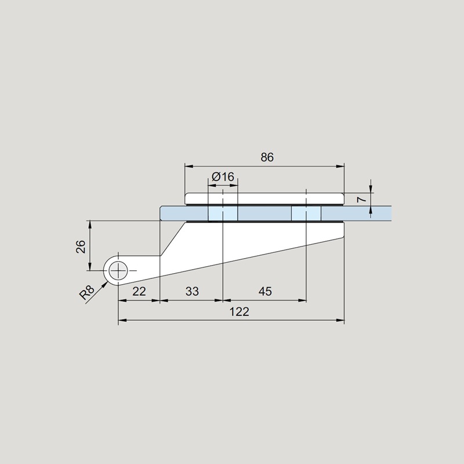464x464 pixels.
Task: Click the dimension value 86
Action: click(267, 157)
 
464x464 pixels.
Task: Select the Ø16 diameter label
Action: click(223, 177)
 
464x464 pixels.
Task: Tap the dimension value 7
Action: click(361, 200)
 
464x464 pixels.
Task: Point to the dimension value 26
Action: click(81, 246)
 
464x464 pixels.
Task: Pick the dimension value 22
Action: click(139, 292)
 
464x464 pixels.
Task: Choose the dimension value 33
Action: click(192, 292)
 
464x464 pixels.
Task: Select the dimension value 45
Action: click(265, 292)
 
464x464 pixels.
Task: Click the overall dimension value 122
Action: click(240, 312)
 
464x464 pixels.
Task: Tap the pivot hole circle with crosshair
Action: click(118, 270)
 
